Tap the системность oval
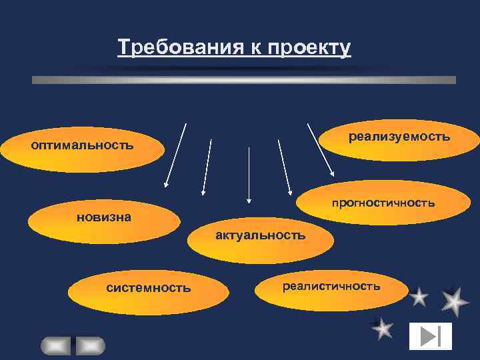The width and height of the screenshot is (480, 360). (x=148, y=288)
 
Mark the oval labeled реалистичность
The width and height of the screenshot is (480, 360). (x=331, y=287)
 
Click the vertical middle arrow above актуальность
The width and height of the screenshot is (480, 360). (x=249, y=173)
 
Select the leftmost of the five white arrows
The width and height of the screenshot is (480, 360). (x=175, y=155)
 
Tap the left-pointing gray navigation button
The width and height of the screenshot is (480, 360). (x=56, y=345)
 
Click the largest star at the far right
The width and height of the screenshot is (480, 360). (x=455, y=302)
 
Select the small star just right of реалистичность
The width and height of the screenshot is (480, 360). (x=419, y=297)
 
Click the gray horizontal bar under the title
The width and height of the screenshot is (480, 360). (x=244, y=80)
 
